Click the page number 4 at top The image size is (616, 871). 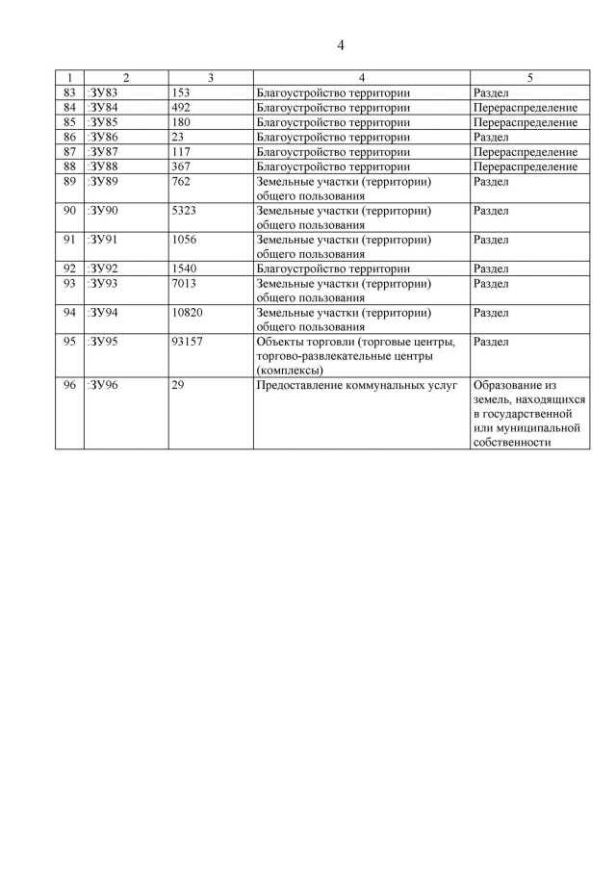(x=341, y=44)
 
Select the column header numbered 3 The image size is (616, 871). (x=211, y=77)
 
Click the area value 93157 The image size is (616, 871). (x=187, y=342)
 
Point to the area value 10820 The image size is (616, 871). (x=187, y=313)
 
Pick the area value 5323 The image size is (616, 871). (x=184, y=210)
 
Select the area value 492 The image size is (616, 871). (x=181, y=108)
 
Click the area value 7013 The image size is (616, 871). (x=184, y=284)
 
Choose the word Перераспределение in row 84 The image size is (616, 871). (x=526, y=108)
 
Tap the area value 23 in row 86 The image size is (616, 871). (x=177, y=138)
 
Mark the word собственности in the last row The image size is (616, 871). (x=512, y=443)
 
